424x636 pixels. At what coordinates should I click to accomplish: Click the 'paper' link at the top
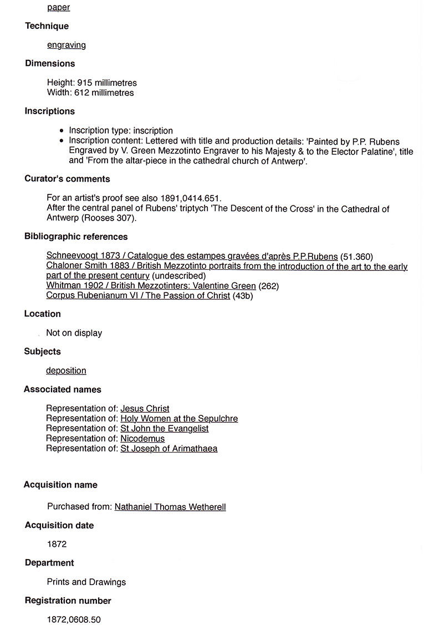pos(58,7)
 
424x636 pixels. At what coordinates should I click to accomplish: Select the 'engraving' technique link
pos(66,45)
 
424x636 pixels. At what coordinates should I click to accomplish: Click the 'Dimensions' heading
pos(50,63)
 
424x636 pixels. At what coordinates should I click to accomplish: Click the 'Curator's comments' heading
pos(67,178)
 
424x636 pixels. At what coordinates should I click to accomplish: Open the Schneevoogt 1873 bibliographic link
pos(192,256)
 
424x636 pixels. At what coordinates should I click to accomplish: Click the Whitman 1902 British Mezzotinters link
pos(151,286)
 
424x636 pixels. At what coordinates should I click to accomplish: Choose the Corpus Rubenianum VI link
pos(138,295)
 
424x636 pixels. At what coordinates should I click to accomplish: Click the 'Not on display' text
pos(74,333)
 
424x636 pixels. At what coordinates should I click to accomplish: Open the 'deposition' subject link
pos(66,371)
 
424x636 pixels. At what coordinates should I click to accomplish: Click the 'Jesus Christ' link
pos(145,409)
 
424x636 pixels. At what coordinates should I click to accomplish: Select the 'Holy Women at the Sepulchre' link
pos(179,419)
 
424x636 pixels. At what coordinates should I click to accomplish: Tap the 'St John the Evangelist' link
pos(164,429)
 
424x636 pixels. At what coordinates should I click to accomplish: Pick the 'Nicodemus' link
pos(142,439)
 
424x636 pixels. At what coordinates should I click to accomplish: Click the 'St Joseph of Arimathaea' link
pos(168,449)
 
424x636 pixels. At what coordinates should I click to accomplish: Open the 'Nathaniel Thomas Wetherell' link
pos(170,507)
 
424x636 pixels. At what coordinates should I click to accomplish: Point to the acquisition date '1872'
pos(57,544)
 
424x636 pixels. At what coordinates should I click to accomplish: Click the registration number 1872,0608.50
pos(74,619)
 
